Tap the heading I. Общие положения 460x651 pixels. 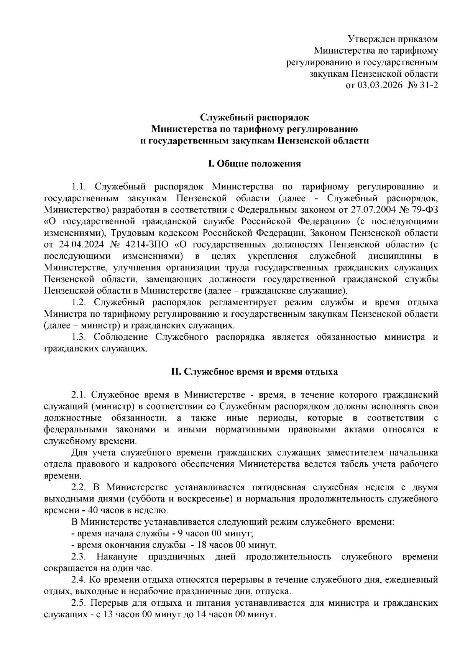(x=254, y=164)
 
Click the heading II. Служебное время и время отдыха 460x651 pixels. (x=254, y=372)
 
